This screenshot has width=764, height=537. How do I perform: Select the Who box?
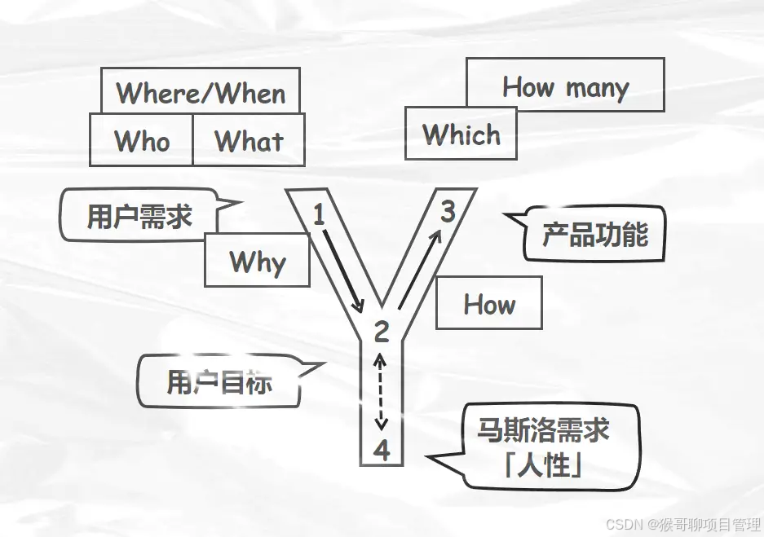141,140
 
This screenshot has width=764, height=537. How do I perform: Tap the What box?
249,140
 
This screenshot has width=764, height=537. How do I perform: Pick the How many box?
565,86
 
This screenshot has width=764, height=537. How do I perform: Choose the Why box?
257,261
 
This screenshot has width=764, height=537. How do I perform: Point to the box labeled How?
489,303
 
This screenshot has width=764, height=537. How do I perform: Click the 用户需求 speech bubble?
139,216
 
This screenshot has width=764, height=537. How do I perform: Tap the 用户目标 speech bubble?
219,381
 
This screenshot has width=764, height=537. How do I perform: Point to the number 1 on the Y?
319,215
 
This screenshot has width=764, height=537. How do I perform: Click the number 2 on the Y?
382,332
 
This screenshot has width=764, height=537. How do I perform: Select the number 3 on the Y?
448,212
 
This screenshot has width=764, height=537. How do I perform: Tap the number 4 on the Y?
382,449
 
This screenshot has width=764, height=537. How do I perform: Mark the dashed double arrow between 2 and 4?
381,391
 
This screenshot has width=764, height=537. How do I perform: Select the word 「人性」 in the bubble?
544,467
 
